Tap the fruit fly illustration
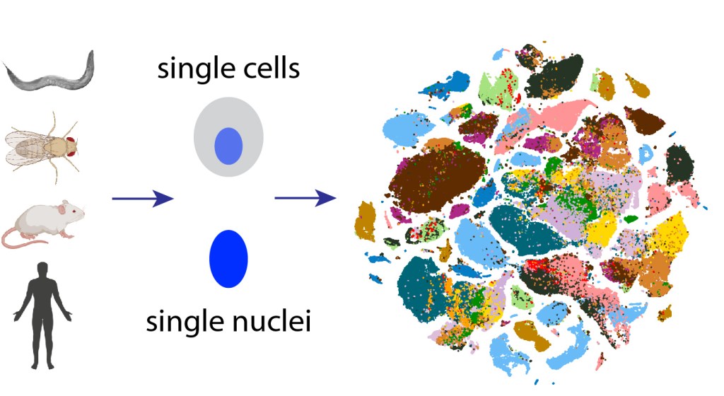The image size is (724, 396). point(42,147)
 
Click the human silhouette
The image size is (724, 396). point(42,315)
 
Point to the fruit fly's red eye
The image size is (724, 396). point(71,139)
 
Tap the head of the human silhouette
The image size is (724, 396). point(42,269)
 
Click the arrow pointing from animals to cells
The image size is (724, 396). point(143,199)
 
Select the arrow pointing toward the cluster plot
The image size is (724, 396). point(305,198)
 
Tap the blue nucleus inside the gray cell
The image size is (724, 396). point(228,146)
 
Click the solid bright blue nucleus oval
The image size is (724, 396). point(228,259)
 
